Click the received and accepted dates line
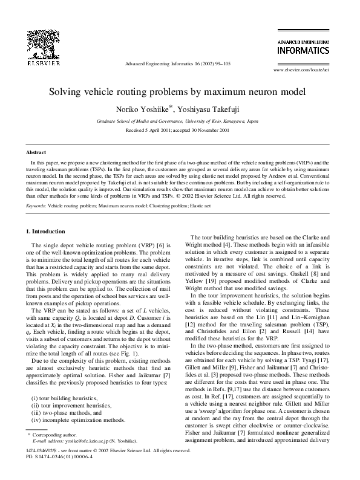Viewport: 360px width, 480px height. coord(180,130)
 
